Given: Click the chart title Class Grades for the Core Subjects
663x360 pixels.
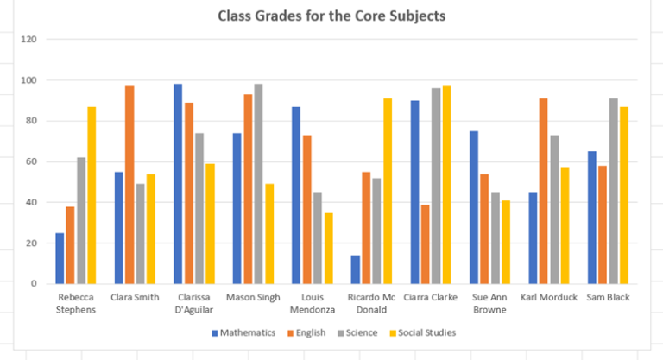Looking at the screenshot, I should click(x=332, y=16).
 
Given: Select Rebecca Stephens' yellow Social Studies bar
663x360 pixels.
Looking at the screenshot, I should click(x=92, y=195).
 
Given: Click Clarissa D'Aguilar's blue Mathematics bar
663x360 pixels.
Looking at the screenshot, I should click(x=178, y=184).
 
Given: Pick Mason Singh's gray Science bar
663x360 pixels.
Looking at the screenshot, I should click(x=258, y=184).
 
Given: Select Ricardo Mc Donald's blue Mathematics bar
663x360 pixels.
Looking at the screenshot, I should click(x=356, y=269).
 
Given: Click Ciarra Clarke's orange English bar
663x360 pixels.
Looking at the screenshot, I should click(x=426, y=243).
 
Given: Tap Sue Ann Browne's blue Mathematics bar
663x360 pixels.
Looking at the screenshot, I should click(x=475, y=207).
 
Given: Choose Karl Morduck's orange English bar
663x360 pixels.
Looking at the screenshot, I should click(x=544, y=191).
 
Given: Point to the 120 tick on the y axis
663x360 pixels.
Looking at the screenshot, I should click(x=30, y=40).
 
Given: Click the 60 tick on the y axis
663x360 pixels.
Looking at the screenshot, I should click(x=32, y=161).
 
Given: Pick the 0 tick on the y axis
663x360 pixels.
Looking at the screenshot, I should click(x=35, y=284).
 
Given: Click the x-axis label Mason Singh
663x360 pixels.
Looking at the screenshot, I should click(x=252, y=298).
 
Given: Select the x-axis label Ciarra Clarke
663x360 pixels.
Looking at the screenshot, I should click(x=432, y=298).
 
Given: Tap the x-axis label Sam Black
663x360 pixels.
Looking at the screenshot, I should click(x=608, y=298).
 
